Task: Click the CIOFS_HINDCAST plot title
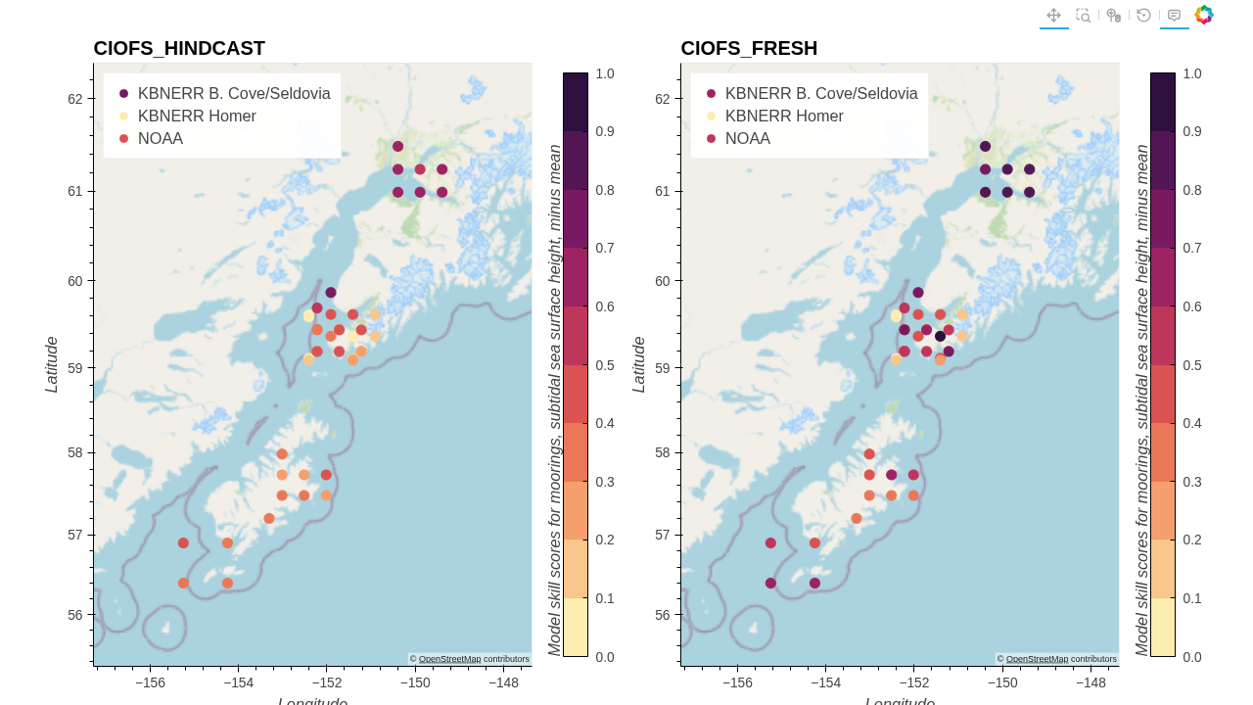179,48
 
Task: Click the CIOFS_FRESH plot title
749,48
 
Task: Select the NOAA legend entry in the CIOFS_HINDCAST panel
160,139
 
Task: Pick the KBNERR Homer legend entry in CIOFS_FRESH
784,117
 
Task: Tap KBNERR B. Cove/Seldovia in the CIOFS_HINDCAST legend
233,94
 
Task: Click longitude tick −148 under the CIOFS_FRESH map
1091,683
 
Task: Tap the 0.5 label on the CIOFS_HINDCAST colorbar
605,365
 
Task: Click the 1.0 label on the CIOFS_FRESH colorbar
1192,73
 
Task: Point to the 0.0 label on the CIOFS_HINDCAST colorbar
605,657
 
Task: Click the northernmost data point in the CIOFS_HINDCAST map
398,147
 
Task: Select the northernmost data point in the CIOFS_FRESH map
986,147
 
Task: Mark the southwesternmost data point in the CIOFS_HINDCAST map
183,583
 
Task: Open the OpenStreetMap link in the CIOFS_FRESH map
1037,659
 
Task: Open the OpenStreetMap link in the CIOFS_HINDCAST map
449,659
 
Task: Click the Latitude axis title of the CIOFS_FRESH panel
639,364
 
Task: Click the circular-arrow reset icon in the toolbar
1143,15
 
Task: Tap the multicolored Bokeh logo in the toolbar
1204,15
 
